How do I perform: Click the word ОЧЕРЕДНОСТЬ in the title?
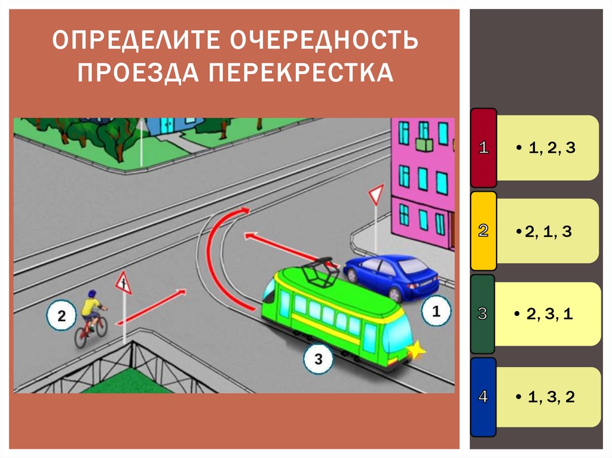click(x=323, y=42)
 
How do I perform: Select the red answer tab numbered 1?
click(x=484, y=147)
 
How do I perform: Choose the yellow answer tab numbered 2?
click(x=484, y=231)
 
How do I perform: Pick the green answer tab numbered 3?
click(x=483, y=313)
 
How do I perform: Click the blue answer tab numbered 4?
click(x=483, y=396)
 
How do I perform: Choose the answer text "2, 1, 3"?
click(x=547, y=232)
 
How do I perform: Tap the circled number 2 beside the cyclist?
click(x=62, y=315)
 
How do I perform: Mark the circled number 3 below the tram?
click(x=318, y=359)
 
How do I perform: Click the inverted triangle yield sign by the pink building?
click(x=375, y=194)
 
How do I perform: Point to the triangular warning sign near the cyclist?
click(x=123, y=281)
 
